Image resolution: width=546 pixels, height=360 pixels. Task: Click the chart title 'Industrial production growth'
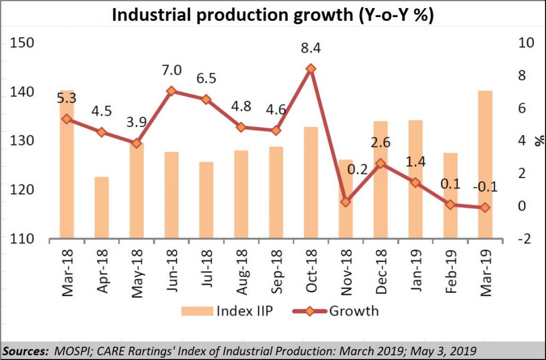click(x=272, y=15)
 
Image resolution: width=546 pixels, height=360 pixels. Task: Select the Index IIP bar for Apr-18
click(x=101, y=207)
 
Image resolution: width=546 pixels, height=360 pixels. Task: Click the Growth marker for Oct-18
click(x=310, y=69)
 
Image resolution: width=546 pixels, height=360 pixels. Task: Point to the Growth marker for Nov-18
click(x=346, y=202)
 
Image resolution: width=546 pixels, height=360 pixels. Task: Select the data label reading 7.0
click(x=172, y=70)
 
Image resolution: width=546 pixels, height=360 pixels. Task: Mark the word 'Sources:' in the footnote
click(x=25, y=350)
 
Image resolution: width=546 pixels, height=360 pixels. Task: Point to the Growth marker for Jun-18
click(x=171, y=91)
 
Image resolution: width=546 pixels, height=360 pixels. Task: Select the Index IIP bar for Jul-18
click(x=206, y=200)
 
